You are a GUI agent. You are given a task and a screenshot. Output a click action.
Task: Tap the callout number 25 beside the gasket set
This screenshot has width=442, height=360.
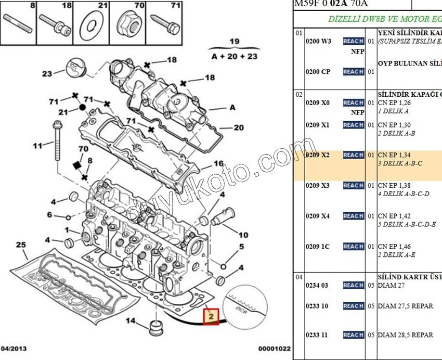click(20, 245)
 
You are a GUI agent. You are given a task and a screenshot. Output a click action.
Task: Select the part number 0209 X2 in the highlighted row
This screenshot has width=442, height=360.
click(317, 155)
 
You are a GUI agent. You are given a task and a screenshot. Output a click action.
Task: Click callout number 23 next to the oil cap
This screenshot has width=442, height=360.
click(47, 74)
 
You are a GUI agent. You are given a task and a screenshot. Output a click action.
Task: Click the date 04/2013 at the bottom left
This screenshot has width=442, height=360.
click(15, 348)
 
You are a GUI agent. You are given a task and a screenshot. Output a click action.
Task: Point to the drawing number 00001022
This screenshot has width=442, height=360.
click(274, 349)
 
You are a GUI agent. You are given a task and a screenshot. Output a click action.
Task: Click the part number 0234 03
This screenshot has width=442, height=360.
click(317, 285)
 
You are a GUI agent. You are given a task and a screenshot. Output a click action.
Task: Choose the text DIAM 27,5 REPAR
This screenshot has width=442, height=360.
click(405, 306)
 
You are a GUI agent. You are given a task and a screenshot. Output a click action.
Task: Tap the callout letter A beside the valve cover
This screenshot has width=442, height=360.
click(232, 108)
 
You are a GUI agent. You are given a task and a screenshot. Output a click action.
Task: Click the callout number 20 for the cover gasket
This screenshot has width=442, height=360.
click(238, 128)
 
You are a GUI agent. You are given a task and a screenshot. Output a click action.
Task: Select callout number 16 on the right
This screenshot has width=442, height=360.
click(218, 164)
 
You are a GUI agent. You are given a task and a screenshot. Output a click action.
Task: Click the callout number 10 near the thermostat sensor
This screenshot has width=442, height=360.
click(243, 235)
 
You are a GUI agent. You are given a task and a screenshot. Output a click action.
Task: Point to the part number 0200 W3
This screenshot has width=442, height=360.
click(318, 41)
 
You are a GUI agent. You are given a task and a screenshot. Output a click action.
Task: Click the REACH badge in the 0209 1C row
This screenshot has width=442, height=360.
click(353, 247)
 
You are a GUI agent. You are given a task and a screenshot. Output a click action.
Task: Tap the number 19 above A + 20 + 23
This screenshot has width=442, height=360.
click(235, 42)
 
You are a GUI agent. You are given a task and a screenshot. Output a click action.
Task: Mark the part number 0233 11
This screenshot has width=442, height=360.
click(317, 335)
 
